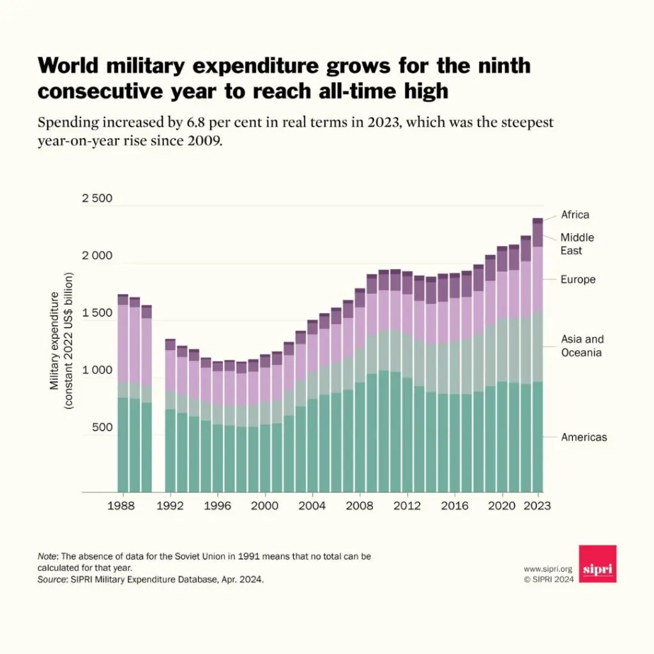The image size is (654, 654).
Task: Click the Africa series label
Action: point(575,215)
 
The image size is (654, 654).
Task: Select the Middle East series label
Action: point(577,244)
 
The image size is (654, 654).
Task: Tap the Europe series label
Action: point(578,279)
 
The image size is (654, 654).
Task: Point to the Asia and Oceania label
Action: point(582,346)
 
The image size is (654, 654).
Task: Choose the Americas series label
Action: point(584,437)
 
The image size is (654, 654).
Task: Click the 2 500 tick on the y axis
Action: point(96,198)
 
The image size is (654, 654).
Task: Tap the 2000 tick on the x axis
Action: point(264,505)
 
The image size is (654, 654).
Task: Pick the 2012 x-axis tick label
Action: point(407,505)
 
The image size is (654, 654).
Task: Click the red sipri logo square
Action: point(598,563)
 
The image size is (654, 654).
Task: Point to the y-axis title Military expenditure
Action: point(54,341)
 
